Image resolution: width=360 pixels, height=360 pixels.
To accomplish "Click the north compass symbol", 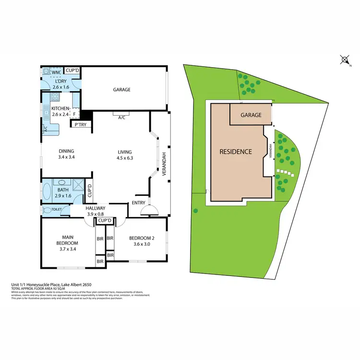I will tap(345, 60).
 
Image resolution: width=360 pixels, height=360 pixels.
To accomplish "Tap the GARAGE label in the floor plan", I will tap(121, 90).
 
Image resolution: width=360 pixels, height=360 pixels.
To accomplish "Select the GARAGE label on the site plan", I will tap(251, 115).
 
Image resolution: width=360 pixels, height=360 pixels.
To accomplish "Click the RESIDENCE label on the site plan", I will tap(235, 152).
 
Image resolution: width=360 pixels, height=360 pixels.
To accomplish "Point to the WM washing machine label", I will tap(55, 72).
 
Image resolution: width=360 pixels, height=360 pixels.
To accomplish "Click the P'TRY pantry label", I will tap(79, 125).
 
